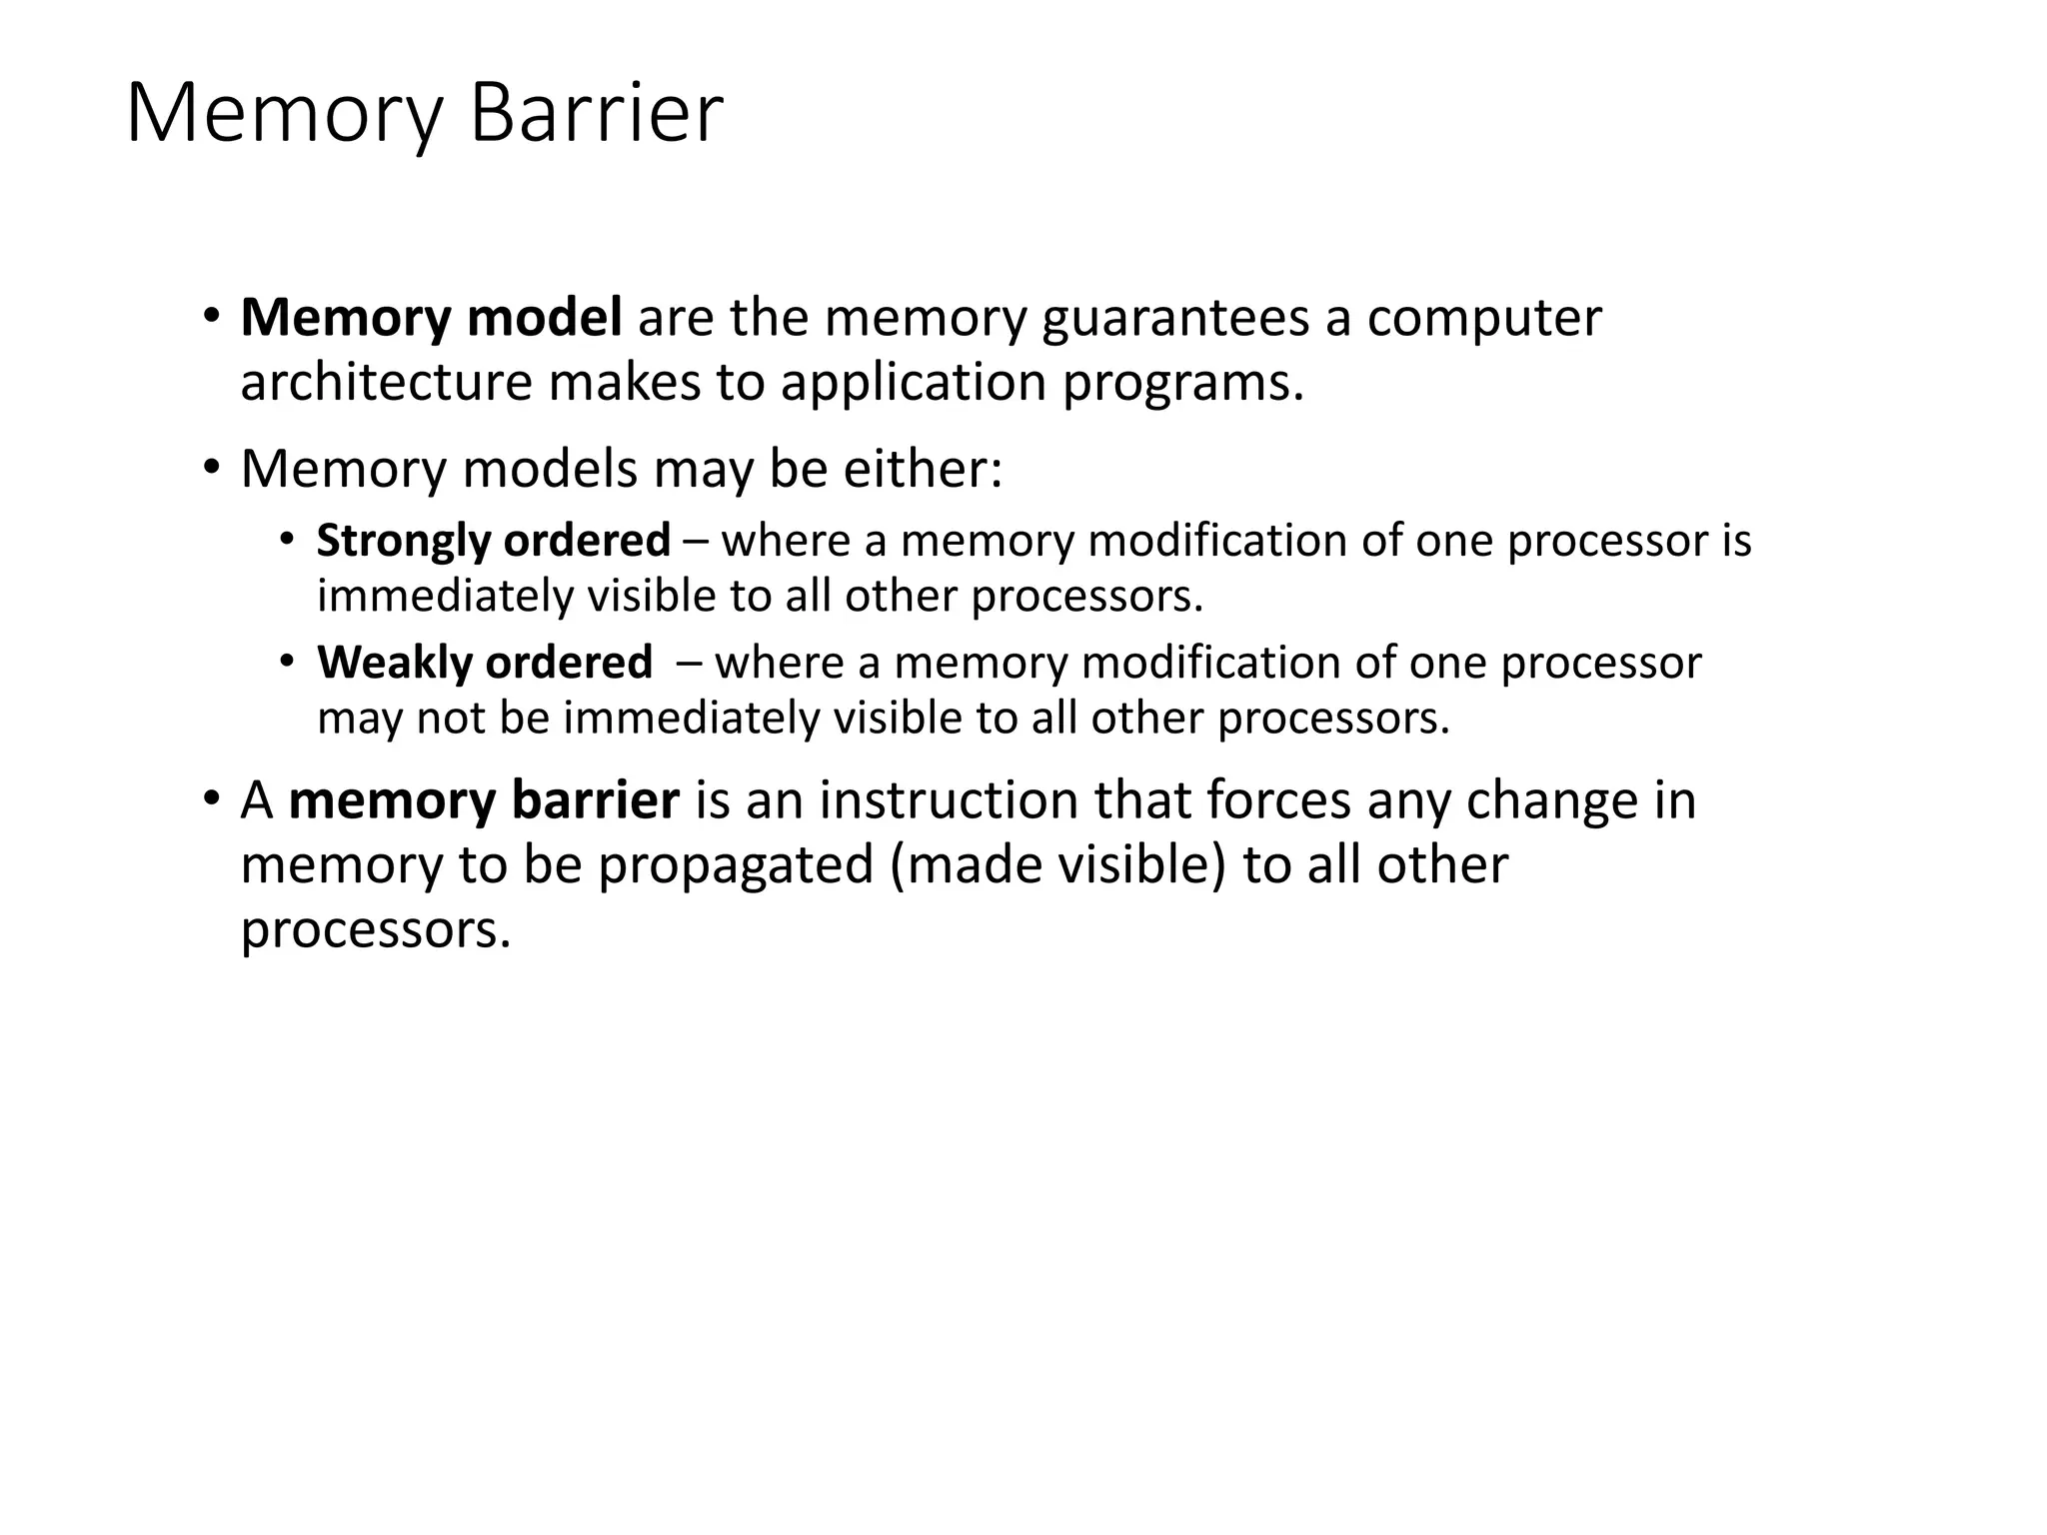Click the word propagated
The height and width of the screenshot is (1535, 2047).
737,866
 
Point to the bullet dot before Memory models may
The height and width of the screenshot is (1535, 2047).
211,468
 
